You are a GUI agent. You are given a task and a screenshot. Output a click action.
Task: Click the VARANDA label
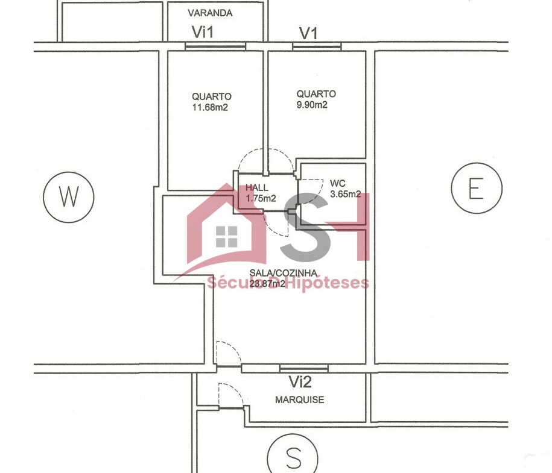210,13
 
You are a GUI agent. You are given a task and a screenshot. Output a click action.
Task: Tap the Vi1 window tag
203,32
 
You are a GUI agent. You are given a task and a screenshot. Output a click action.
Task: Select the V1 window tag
308,33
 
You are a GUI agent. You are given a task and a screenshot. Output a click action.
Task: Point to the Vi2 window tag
300,382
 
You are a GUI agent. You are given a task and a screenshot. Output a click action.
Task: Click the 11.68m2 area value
210,107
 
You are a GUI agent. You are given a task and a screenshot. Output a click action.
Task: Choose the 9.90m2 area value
312,105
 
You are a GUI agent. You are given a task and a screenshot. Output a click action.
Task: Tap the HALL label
256,187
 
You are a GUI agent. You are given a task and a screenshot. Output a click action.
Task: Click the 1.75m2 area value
261,198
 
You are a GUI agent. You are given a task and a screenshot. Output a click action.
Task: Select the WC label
338,183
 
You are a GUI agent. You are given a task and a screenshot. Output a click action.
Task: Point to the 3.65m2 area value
345,194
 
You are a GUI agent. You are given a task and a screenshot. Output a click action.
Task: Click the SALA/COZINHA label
284,273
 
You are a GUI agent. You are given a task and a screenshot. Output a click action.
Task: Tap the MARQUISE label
300,400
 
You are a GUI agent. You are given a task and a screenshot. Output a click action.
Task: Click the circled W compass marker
69,197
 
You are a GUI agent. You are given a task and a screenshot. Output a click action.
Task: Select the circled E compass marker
477,188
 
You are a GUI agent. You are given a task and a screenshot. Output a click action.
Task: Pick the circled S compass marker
293,457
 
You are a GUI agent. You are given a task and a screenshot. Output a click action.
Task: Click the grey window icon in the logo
226,236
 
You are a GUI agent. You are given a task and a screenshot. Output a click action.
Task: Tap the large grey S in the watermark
306,227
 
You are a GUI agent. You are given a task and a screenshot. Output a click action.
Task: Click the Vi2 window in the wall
304,368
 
